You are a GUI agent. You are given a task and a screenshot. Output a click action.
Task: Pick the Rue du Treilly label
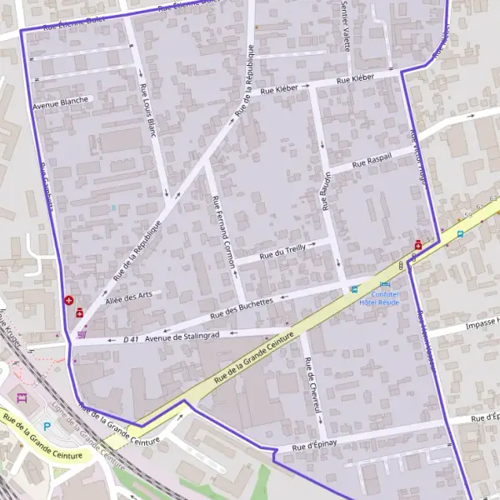pos(283,252)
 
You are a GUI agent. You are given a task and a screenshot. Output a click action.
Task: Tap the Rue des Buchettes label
pos(242,308)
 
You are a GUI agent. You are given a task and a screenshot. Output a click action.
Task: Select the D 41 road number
pos(130,340)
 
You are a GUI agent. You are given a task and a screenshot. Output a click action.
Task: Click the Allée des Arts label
pos(129,297)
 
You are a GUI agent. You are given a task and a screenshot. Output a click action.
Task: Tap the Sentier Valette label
pos(345,25)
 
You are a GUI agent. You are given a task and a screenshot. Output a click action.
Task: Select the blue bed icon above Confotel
pos(384,285)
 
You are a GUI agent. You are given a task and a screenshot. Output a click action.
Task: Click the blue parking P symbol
pos(47,426)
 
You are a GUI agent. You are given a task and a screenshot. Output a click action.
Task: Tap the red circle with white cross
pos(67,300)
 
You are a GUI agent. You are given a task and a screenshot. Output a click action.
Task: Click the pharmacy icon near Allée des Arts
pos(80,313)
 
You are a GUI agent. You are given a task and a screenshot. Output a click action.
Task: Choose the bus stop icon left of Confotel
pos(355,289)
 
